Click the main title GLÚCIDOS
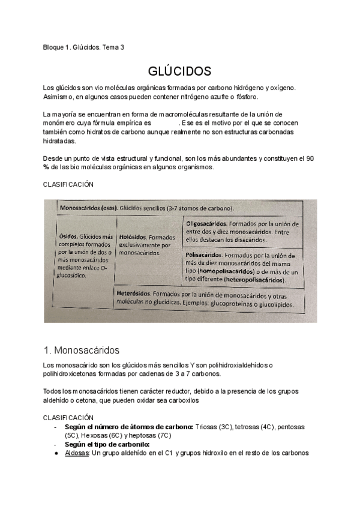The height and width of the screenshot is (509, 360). [179, 72]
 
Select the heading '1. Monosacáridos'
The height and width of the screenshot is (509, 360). [82, 350]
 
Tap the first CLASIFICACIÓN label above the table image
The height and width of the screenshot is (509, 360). [68, 184]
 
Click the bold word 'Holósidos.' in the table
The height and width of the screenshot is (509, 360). [133, 236]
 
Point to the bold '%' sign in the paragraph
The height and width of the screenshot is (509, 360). [46, 167]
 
